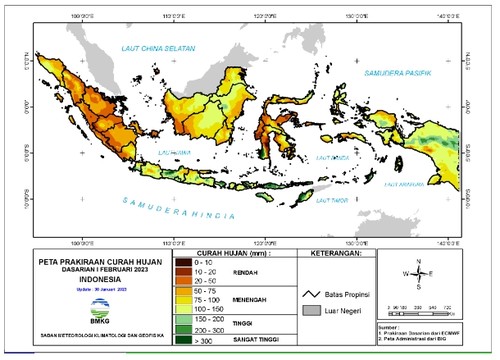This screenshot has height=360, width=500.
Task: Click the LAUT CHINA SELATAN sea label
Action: click(148, 48)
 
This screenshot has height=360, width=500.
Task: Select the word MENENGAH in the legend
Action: click(265, 297)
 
